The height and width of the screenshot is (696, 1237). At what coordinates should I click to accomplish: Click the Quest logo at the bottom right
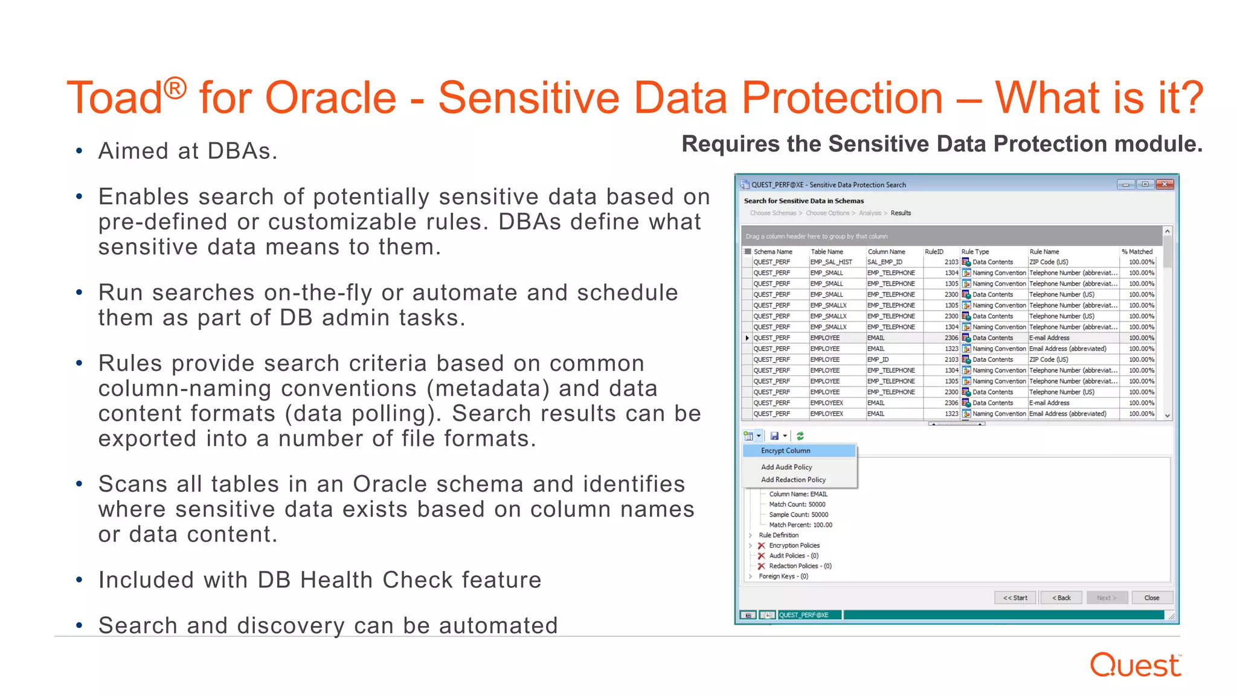point(1135,666)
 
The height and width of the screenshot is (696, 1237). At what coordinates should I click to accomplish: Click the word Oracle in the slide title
point(330,98)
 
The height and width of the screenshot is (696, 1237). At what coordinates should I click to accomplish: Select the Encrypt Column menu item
point(785,451)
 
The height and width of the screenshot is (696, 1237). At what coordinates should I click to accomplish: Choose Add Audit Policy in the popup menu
point(786,467)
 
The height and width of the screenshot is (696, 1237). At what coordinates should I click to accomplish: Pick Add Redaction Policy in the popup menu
point(793,480)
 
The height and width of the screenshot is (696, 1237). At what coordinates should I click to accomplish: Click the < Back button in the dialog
point(1061,598)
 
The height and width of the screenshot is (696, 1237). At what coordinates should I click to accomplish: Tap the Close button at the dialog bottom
point(1151,598)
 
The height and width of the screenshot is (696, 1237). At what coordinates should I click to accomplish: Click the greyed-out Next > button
point(1106,598)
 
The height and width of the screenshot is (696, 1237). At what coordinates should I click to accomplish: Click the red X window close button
point(1165,184)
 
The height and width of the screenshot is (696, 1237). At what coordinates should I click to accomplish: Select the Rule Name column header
point(1044,251)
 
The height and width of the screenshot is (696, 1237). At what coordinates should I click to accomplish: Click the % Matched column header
point(1137,251)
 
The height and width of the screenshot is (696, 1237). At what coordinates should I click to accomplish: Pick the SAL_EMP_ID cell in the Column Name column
point(885,262)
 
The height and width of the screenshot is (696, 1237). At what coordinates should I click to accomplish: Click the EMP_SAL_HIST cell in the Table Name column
point(831,262)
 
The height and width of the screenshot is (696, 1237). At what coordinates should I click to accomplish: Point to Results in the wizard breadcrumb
point(901,213)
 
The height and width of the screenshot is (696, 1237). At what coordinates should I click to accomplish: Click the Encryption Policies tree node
point(794,546)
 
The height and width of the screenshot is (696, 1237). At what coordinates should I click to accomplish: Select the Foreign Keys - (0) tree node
point(783,576)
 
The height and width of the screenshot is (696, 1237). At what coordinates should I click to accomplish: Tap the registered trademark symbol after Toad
point(175,88)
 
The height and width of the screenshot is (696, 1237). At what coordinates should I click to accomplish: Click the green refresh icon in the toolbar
point(800,436)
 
